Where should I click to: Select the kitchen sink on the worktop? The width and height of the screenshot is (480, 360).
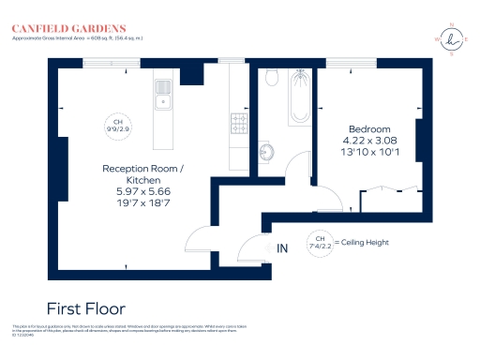pos(162,93)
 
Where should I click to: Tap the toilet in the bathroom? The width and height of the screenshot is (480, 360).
pos(270,79)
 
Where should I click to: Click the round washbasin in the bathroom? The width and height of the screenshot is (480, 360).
pos(265,150)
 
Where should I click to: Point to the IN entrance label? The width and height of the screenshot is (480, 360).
pos(283,248)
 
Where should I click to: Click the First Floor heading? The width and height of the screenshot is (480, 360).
pos(85,307)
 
